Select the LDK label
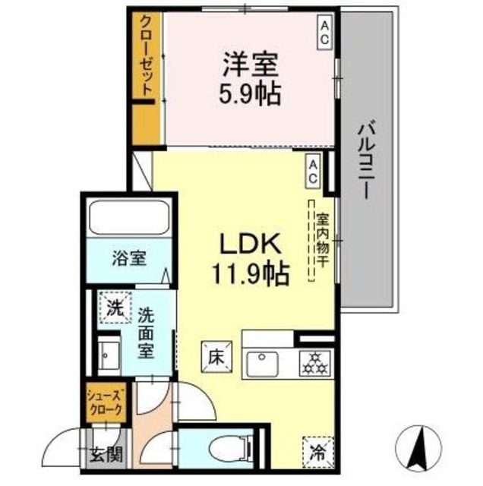point(241,245)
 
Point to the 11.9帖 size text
point(243,273)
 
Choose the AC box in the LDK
point(313,172)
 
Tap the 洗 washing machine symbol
point(113,310)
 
